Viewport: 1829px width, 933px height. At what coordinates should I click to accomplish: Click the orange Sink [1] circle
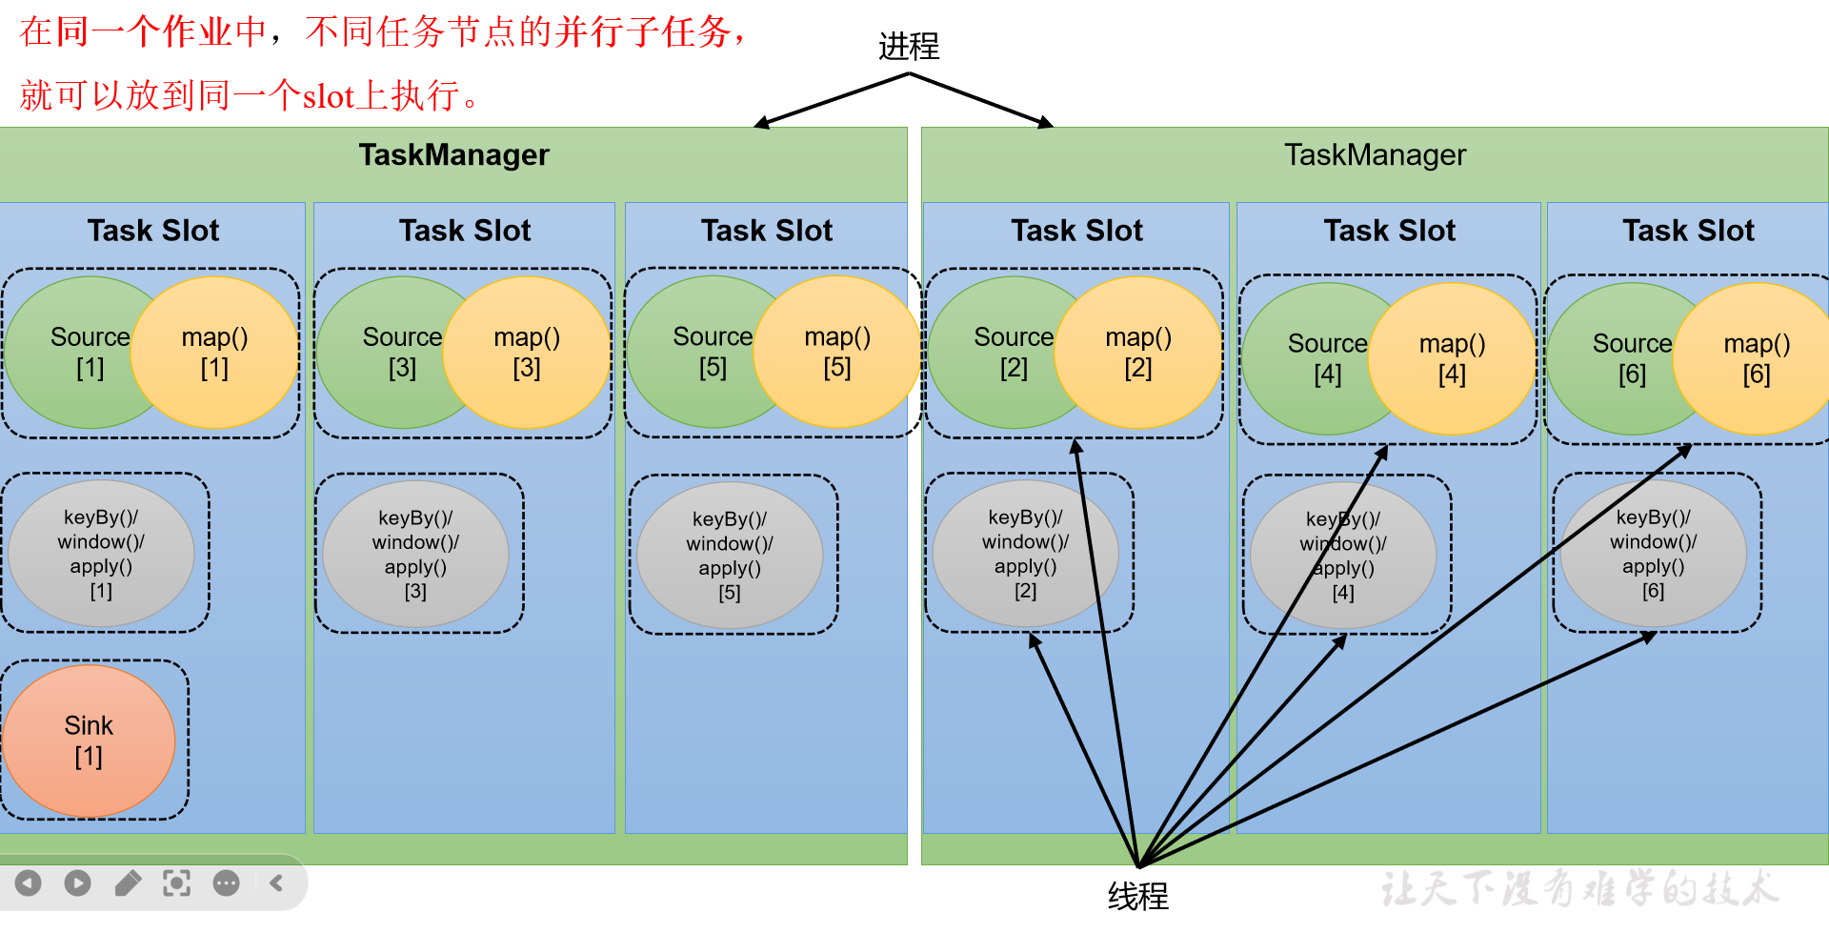click(x=89, y=740)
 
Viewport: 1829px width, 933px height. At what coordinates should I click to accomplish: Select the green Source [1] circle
click(x=71, y=353)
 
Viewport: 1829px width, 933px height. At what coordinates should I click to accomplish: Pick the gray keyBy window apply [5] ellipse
click(x=730, y=555)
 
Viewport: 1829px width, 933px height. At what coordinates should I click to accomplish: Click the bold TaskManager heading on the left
click(x=453, y=154)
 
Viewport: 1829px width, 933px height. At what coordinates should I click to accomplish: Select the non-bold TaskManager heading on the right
click(x=1375, y=154)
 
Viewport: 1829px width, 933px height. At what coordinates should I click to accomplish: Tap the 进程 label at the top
click(x=909, y=46)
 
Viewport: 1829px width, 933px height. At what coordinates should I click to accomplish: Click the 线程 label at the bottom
click(x=1137, y=896)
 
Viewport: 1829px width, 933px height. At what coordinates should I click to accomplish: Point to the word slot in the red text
click(x=329, y=96)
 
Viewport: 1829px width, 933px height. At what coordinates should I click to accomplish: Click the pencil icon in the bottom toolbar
click(x=128, y=883)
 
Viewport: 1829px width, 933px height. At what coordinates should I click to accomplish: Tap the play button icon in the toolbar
click(x=78, y=883)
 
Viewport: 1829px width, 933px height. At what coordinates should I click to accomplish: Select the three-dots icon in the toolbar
click(x=226, y=883)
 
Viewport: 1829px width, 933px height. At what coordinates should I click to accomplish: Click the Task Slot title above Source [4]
click(x=1389, y=231)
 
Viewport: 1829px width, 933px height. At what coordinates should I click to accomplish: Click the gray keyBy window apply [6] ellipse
click(x=1654, y=554)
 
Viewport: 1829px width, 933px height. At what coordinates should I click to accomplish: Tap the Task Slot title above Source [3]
click(x=465, y=231)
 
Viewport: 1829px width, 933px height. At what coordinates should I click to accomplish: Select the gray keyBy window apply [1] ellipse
click(x=101, y=554)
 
